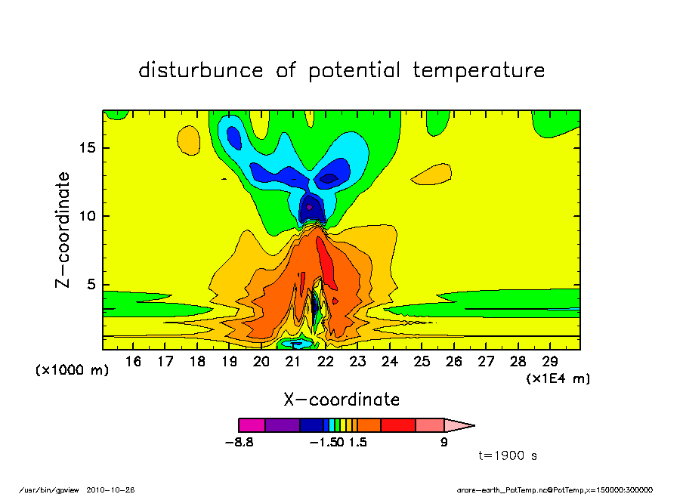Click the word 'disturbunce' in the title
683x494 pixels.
201,71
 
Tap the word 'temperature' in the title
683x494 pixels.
479,71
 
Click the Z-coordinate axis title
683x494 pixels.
63,230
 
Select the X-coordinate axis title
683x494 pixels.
341,399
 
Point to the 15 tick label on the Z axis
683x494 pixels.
88,148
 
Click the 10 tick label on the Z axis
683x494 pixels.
88,217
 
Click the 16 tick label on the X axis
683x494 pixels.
133,362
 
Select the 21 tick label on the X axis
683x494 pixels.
293,362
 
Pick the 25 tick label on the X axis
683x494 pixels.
422,362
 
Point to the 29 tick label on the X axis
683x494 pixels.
550,362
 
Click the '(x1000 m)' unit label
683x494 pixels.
73,371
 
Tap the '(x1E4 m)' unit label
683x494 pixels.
558,378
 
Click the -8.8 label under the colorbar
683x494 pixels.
239,443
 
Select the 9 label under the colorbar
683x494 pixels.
444,443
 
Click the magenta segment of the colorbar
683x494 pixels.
252,425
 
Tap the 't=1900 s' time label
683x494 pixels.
508,456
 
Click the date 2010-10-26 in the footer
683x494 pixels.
116,489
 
